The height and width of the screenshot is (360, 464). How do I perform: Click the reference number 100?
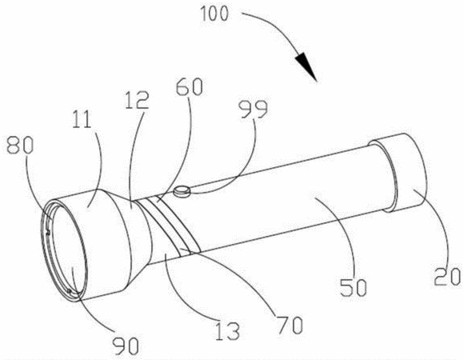214,14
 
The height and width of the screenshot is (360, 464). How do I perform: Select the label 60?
189,87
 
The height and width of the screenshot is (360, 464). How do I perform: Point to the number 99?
253,109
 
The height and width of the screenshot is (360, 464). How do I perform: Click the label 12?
137,100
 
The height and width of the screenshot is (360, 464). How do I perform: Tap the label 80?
20,146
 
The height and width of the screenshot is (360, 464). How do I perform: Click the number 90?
126,346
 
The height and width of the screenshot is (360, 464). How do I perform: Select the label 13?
227,331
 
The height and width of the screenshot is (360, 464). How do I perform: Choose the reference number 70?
290,325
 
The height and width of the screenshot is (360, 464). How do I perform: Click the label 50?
354,287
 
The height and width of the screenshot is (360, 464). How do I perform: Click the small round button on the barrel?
182,192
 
